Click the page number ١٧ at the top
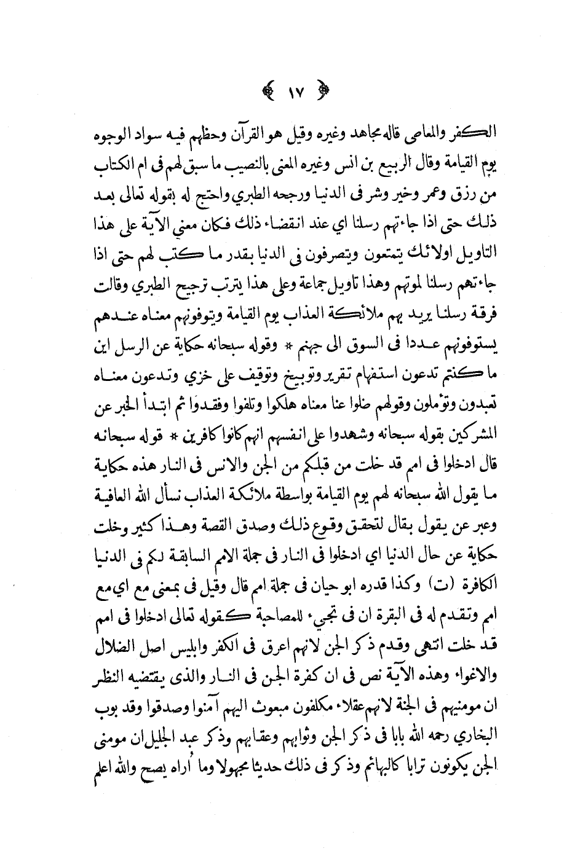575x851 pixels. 292,96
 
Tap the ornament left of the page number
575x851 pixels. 268,96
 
